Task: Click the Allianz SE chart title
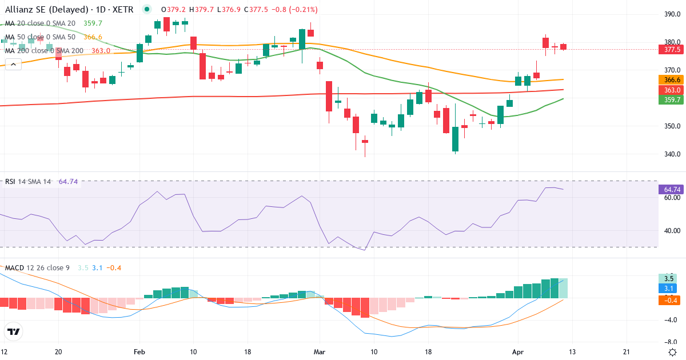69,10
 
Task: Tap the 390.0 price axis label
672,14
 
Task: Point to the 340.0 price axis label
672,154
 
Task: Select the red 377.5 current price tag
673,50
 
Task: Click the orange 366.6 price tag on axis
673,80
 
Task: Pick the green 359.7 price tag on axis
673,100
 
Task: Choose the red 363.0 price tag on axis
673,90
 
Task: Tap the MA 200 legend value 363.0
101,51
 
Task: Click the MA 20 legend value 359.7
93,23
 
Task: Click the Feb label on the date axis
139,352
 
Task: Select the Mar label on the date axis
320,352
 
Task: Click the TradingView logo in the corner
14,331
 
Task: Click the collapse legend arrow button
12,65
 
